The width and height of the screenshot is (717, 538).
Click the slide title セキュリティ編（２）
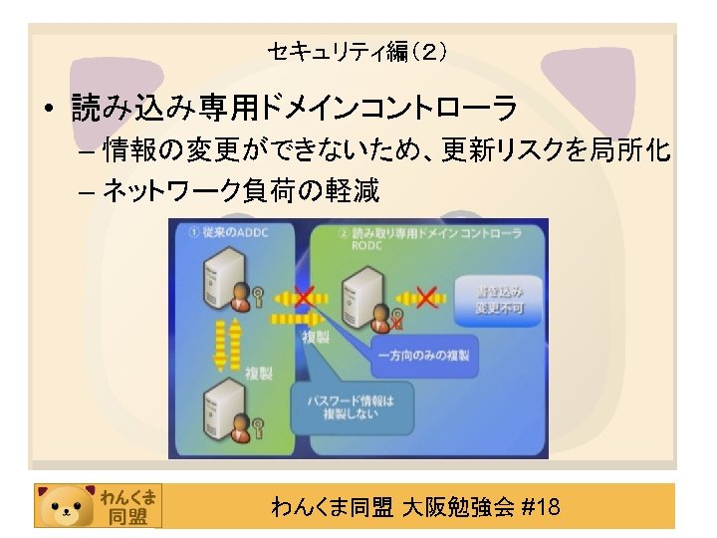tap(358, 51)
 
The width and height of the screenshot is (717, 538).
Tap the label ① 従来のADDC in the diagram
tap(228, 232)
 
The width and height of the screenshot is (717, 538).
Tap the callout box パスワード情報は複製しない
tap(351, 407)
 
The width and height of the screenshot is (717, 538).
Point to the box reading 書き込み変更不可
tap(499, 299)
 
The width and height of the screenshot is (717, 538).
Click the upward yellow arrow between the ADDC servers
tap(237, 342)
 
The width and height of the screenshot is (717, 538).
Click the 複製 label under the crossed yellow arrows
tap(316, 339)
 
